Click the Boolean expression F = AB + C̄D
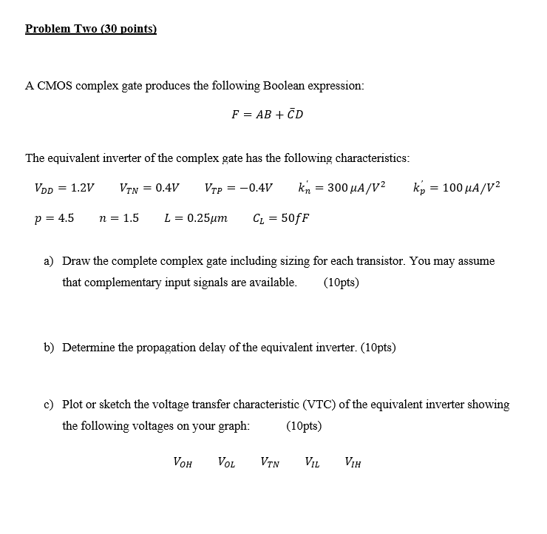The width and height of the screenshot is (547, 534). tap(267, 115)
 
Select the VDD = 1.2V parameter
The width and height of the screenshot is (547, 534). tap(64, 187)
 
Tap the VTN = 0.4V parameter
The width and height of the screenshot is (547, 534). tap(149, 187)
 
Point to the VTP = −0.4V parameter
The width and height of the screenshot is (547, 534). tap(238, 187)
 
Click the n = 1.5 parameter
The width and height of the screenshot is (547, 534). tap(119, 218)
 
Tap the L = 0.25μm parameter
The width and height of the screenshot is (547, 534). tap(195, 218)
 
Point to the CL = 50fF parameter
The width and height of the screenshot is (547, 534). tap(281, 218)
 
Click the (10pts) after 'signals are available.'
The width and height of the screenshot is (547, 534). tap(342, 282)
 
